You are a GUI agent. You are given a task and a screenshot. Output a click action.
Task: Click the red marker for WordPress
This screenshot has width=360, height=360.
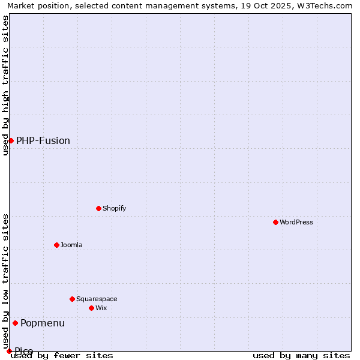(x=275, y=222)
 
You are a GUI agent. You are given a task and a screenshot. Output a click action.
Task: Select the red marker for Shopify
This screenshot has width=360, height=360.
(x=98, y=208)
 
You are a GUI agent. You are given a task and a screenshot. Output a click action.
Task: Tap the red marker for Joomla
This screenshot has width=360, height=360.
(x=56, y=245)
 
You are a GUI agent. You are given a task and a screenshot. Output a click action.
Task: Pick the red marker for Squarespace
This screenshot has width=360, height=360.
(x=72, y=299)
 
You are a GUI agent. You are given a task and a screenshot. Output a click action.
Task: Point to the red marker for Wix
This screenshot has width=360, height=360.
(x=91, y=308)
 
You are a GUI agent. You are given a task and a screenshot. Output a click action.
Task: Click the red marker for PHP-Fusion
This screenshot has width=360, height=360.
(x=11, y=140)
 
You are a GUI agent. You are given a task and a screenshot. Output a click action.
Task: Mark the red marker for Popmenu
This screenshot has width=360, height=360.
(x=15, y=323)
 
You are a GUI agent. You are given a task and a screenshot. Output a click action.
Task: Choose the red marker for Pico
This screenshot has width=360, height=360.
(x=9, y=351)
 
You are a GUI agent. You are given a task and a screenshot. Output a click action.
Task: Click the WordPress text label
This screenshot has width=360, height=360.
(x=296, y=222)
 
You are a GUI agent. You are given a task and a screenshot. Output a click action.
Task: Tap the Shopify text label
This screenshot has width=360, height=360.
(x=114, y=208)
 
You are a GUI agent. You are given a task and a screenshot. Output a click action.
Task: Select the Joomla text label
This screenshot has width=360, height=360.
(x=71, y=245)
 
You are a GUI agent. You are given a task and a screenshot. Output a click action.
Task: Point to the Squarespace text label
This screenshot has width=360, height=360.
(x=97, y=299)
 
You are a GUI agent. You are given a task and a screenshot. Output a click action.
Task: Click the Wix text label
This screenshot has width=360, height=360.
(x=101, y=308)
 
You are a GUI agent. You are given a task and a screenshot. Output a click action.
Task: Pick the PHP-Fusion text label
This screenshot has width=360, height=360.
(x=43, y=140)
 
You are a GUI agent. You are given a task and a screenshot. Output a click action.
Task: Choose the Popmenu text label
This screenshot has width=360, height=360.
(x=43, y=323)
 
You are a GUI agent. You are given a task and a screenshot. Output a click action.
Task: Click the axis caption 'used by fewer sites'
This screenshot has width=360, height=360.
(x=62, y=355)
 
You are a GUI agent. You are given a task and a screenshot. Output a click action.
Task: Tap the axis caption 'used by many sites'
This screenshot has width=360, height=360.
(x=301, y=355)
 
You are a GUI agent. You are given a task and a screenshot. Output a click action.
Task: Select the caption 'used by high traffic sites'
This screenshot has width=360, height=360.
(x=5, y=85)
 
